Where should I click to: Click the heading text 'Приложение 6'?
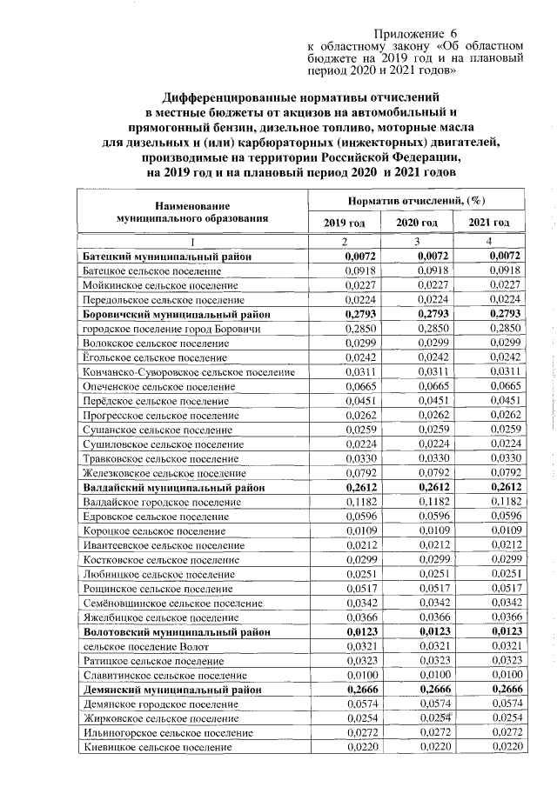(421, 31)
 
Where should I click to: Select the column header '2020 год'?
(417, 223)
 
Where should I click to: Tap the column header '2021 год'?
(489, 223)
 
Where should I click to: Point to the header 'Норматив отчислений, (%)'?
(416, 201)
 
